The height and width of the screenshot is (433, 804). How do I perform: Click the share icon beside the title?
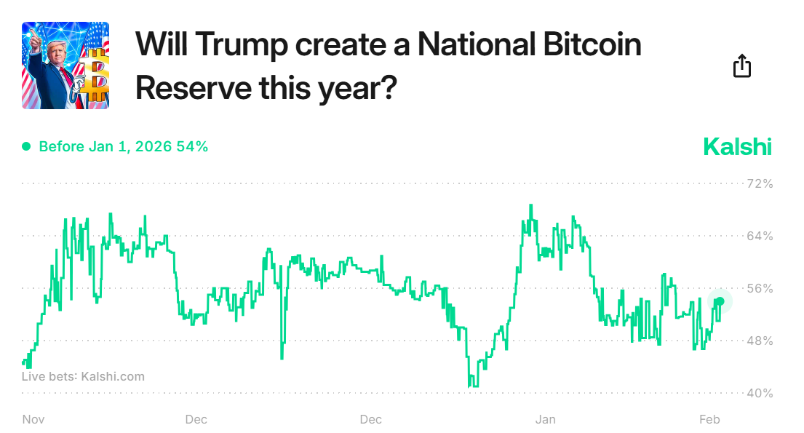pos(741,66)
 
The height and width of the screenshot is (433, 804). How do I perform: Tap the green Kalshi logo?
pos(737,147)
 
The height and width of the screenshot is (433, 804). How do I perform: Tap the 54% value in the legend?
pos(193,147)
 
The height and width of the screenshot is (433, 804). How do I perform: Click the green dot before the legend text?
pos(26,147)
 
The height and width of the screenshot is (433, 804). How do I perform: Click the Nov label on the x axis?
pos(33,419)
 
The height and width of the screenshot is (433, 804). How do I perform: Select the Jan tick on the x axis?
pos(546,419)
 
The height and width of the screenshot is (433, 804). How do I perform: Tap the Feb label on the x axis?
pos(709,419)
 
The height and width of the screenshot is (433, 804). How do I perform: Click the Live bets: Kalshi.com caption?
pos(83,376)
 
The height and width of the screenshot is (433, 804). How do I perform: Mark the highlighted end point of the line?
pos(720,301)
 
